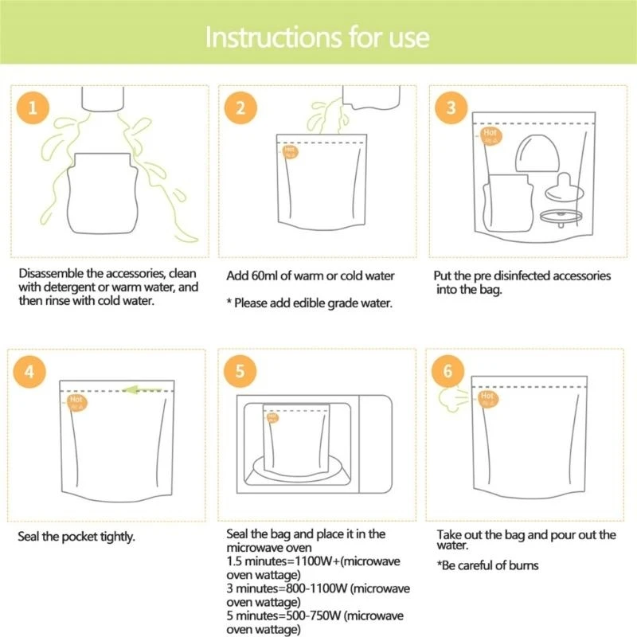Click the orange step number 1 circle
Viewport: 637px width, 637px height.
(33, 108)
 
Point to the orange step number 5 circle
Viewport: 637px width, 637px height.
(240, 371)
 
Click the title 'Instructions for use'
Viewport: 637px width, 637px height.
(318, 37)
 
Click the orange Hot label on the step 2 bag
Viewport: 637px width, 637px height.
(289, 150)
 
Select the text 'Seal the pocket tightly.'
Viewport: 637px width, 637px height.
(76, 537)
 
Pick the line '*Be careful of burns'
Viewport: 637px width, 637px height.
(487, 565)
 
